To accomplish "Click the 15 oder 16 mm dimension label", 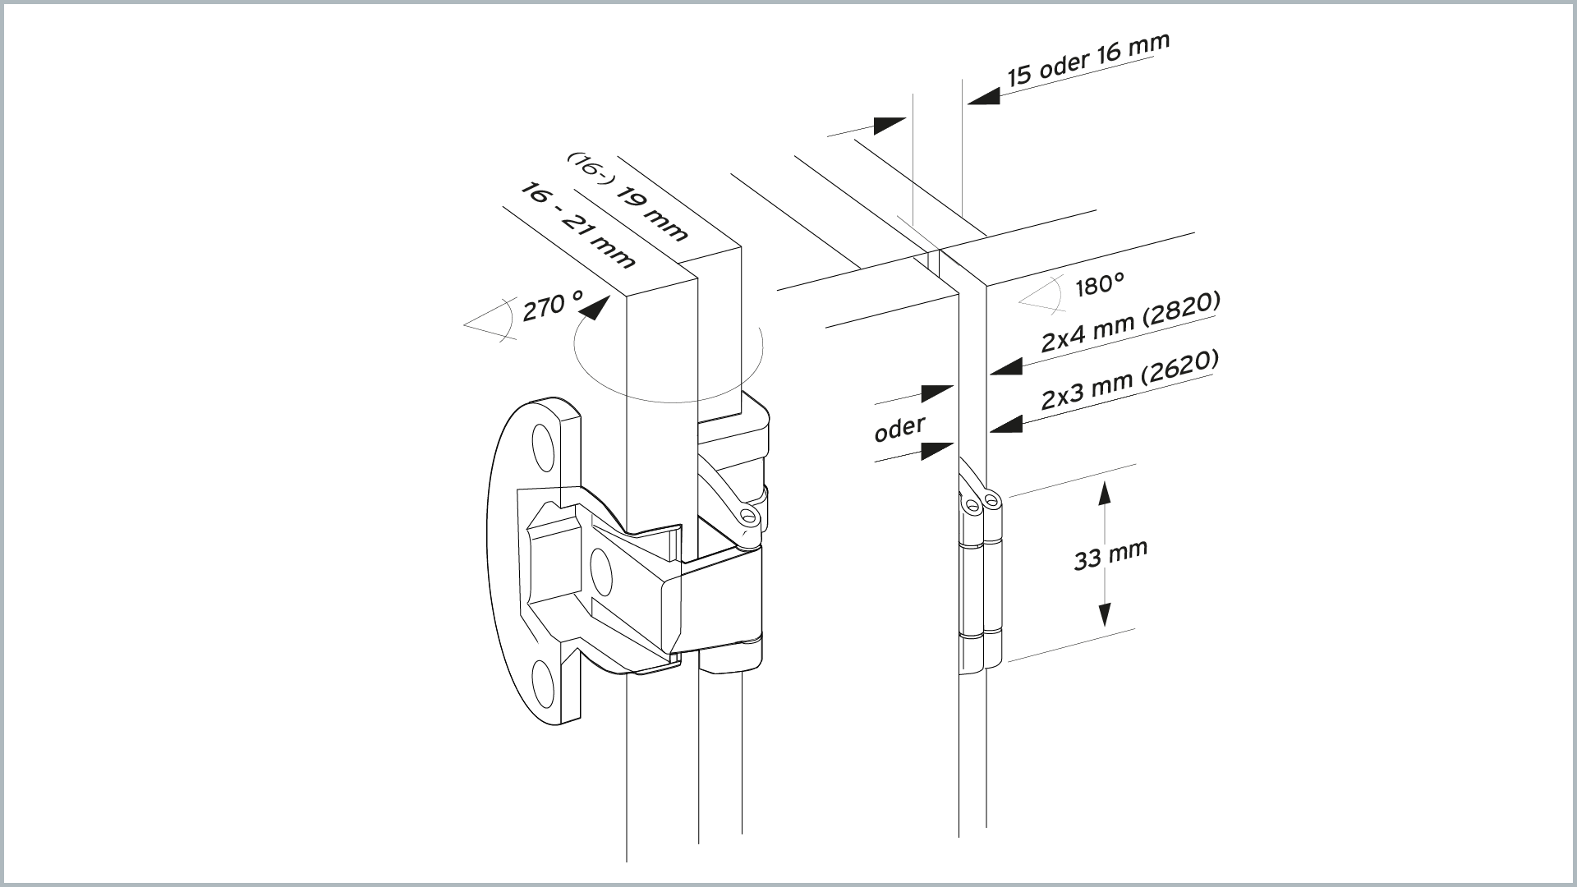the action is (x=1088, y=58).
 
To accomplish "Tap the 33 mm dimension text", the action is (x=1110, y=555).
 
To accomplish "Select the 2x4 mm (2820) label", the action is (x=1130, y=322).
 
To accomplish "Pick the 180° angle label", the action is (x=1100, y=285).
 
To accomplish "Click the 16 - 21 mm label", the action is (x=577, y=226).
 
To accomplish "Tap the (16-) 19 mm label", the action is (x=628, y=197).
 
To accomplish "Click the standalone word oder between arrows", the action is (x=899, y=427).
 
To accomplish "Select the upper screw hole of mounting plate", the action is (x=543, y=448).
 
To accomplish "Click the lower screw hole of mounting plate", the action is (x=542, y=683).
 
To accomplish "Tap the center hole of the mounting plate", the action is (x=601, y=572).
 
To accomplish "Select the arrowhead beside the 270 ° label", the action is (x=595, y=308).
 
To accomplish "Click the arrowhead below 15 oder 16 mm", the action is (x=983, y=96).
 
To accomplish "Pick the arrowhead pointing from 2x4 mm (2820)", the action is (x=1006, y=366).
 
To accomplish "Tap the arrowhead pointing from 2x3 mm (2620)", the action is (x=1006, y=424).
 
